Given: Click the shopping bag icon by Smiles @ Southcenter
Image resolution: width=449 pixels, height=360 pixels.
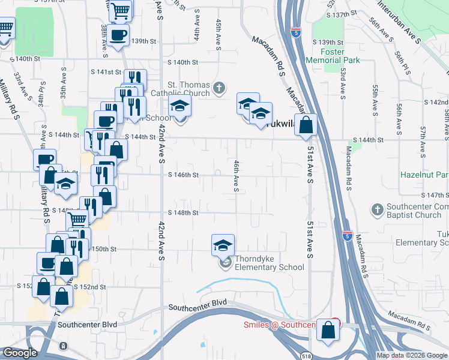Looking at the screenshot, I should coord(329,331).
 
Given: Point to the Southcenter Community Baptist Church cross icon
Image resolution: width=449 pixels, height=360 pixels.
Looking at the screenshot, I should coord(377,210).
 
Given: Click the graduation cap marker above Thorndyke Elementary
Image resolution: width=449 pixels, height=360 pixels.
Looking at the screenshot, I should coord(223,245).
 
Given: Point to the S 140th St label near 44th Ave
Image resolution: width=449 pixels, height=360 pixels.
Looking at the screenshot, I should coord(182,62).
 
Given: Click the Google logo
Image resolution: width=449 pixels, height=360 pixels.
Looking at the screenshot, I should coord(20,353).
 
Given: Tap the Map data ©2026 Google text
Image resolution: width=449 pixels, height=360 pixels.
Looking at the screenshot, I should coord(412,355).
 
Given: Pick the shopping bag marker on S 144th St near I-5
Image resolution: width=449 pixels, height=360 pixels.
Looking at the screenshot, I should coord(306,125).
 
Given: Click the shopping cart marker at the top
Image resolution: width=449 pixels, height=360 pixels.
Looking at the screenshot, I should coord(121,10).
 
